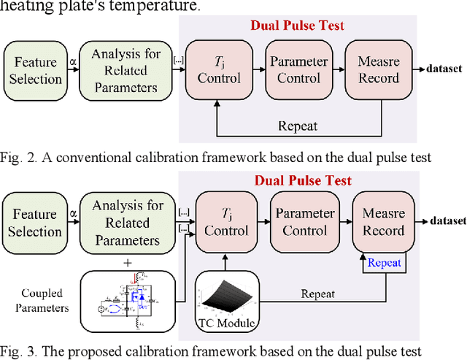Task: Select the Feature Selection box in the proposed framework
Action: click(x=34, y=223)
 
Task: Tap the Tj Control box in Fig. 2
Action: click(x=216, y=70)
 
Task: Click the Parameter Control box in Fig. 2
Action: click(x=293, y=70)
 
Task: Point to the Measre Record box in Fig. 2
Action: click(x=378, y=70)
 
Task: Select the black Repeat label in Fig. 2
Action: click(x=298, y=126)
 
